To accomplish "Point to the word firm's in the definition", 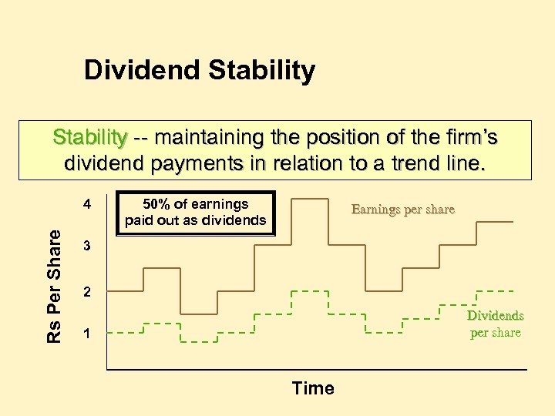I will (x=467, y=138).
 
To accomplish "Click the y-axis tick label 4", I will (x=88, y=204).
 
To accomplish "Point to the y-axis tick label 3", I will (x=88, y=247).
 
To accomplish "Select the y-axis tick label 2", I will (x=88, y=292).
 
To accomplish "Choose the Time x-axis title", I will (x=313, y=388).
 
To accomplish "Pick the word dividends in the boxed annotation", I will (x=236, y=220).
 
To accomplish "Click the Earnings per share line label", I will (x=402, y=209).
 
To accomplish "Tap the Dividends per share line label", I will (x=496, y=324).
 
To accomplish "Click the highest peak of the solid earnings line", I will (x=309, y=198).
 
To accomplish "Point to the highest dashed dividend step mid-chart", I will (x=309, y=292).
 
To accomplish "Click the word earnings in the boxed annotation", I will (x=221, y=204).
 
